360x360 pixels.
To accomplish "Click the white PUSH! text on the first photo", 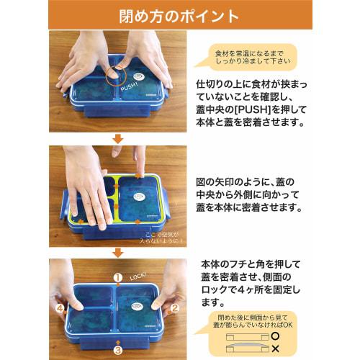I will (130, 87).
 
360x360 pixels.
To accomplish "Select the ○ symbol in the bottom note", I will (276, 336).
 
